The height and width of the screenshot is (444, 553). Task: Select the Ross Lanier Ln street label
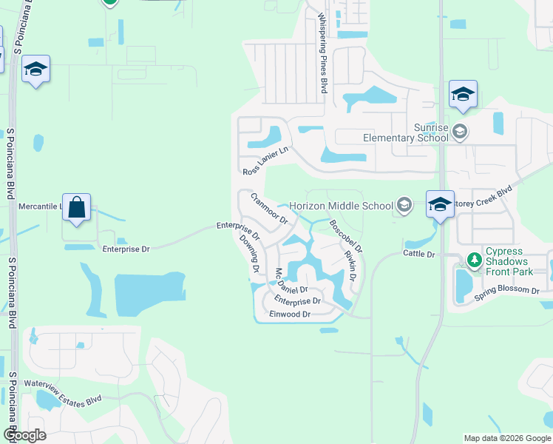(264, 161)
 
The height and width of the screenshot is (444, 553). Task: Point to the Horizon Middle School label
(340, 206)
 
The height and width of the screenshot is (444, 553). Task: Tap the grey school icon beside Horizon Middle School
(404, 206)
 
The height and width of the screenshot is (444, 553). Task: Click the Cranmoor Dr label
(268, 209)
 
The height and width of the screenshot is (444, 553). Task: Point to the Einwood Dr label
(290, 314)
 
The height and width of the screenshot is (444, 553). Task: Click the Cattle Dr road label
(419, 254)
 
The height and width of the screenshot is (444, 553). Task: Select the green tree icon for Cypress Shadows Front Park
(474, 260)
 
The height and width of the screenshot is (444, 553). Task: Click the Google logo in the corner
(24, 435)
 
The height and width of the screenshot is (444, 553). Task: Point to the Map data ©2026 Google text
(506, 438)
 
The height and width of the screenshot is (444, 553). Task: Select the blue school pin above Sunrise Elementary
(463, 94)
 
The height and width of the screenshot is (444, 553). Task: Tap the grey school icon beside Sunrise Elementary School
(460, 132)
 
